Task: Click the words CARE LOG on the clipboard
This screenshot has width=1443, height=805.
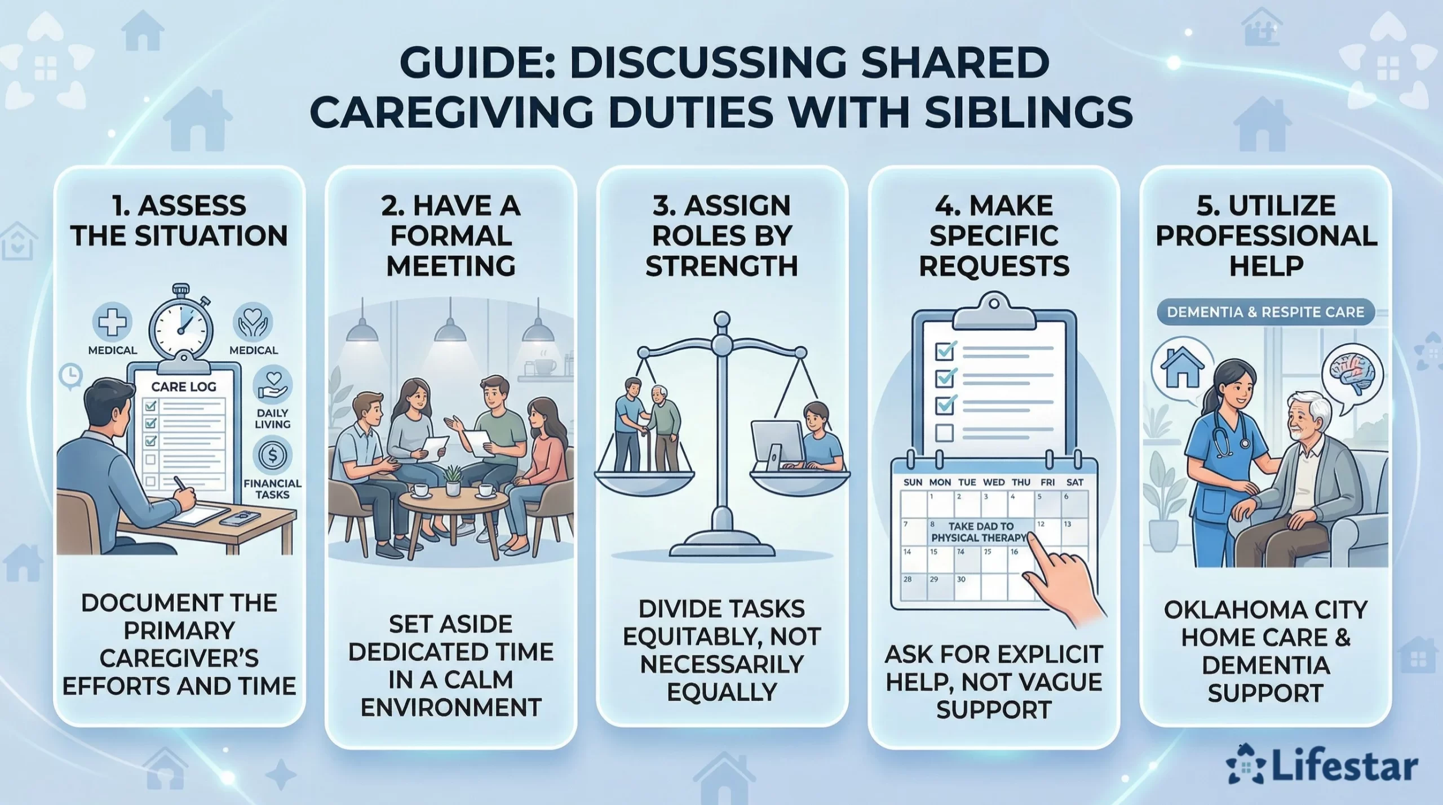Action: (x=184, y=386)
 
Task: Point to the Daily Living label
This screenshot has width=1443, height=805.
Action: (x=272, y=418)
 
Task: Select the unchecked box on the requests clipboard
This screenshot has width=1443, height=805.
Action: (x=944, y=433)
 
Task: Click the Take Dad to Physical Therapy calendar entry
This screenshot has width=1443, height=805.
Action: (x=981, y=532)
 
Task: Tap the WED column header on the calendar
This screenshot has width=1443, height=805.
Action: (x=994, y=482)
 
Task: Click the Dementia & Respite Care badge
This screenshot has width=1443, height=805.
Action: (x=1265, y=312)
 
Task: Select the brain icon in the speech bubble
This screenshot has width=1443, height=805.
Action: (x=1352, y=372)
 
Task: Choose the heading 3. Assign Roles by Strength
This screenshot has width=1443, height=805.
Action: (x=721, y=236)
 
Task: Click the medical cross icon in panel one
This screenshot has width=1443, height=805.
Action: (x=112, y=322)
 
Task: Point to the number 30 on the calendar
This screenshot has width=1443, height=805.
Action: (x=961, y=579)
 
